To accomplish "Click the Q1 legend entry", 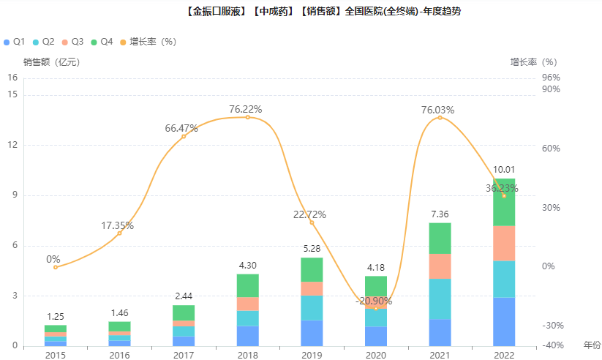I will [x=15, y=42].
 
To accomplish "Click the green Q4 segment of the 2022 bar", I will [x=504, y=202].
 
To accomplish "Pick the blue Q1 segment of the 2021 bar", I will [x=440, y=333].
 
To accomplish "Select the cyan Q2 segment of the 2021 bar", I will [x=440, y=299].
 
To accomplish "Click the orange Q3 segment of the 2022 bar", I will [x=504, y=244].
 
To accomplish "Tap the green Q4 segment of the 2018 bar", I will [x=247, y=285].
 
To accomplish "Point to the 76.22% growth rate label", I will [x=245, y=109].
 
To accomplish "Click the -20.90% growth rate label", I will [x=374, y=301].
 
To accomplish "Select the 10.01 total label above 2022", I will [x=504, y=170].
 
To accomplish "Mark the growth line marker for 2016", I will [x=119, y=233].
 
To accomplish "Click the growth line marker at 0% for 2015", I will [x=56, y=267].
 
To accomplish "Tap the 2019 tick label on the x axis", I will [x=312, y=355].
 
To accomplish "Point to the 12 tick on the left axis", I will [x=12, y=145].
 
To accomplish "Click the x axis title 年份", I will [x=591, y=344].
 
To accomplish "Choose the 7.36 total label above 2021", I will [x=440, y=214].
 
